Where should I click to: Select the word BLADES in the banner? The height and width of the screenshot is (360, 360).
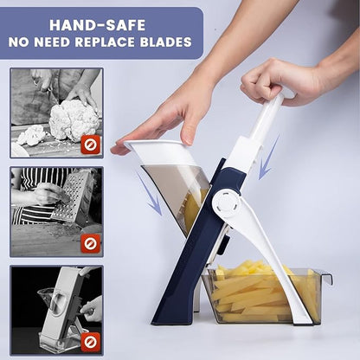166,42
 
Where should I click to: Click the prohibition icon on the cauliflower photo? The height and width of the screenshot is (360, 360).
90,145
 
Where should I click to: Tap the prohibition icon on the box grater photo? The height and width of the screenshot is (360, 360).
90,242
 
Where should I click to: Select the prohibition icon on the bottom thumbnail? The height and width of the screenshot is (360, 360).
90,341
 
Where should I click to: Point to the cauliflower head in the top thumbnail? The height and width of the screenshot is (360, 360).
72,119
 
